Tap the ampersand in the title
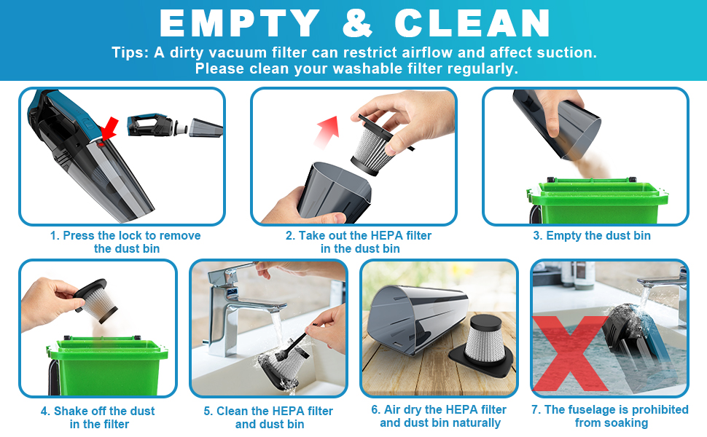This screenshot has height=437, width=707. coord(356,23)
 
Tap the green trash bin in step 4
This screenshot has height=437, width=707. coord(102,364)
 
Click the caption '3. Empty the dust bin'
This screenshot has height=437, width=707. coord(591,236)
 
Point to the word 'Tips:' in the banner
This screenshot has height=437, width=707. coord(130,53)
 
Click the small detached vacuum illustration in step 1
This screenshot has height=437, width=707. coord(175,125)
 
